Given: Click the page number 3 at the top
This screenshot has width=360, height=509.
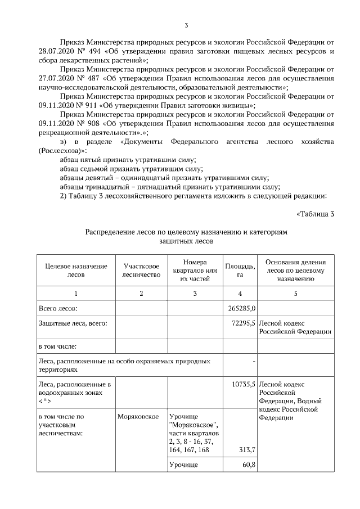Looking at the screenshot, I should point(186,24).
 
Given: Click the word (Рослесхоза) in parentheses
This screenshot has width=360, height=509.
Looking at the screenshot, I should point(62,151).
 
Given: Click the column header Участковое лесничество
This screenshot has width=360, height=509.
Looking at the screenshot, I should point(141,270).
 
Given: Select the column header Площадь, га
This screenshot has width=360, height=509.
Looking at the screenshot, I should point(240,270).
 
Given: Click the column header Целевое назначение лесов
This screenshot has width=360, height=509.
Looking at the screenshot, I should point(75,270).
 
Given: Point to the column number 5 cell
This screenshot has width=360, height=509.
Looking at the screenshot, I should point(295,293).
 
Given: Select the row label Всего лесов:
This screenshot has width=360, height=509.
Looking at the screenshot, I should point(58,308).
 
